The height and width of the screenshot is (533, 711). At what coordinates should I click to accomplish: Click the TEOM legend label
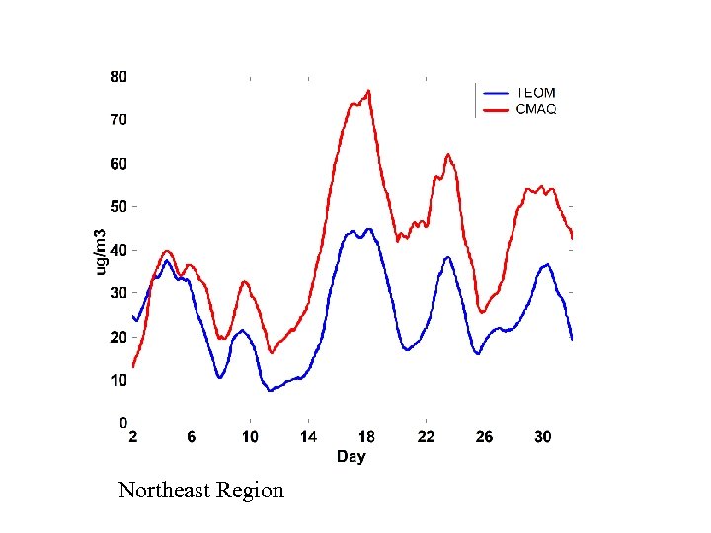(x=536, y=94)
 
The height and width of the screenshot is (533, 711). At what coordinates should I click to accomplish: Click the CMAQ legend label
(x=536, y=109)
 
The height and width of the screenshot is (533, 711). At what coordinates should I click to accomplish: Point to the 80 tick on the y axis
(x=118, y=76)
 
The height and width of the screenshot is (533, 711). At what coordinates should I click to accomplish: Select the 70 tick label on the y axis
(x=118, y=119)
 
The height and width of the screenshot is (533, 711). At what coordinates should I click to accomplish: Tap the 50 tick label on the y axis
(x=118, y=206)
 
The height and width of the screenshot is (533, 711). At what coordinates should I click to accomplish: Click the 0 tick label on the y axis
(x=122, y=423)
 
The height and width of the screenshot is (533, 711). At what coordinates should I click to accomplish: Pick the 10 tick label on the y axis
(x=118, y=380)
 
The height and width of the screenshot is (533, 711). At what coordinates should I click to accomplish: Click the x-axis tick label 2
(x=133, y=437)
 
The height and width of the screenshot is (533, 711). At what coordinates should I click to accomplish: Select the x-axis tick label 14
(x=309, y=437)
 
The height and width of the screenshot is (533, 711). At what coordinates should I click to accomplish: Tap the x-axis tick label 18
(x=367, y=437)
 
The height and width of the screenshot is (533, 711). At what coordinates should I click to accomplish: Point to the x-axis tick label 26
(x=484, y=437)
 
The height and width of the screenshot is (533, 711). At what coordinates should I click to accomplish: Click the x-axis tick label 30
(x=542, y=437)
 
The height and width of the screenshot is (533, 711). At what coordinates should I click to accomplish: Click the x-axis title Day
(x=351, y=456)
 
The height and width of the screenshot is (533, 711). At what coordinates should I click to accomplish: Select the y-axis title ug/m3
(x=100, y=251)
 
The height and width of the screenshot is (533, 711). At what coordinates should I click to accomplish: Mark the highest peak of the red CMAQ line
(x=368, y=91)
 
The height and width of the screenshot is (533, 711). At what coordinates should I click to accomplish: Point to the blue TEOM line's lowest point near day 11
(x=270, y=390)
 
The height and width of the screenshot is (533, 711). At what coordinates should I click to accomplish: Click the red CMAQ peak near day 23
(x=447, y=154)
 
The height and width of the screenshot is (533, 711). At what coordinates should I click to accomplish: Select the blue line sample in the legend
(x=495, y=94)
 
